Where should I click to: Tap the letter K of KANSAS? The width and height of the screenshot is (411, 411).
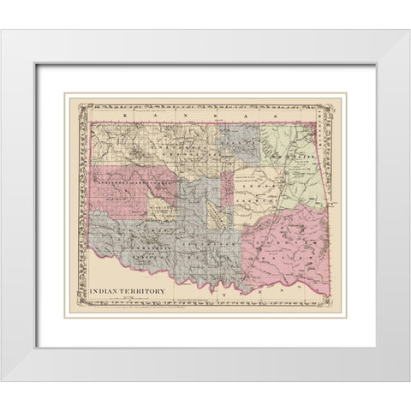(125, 113)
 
